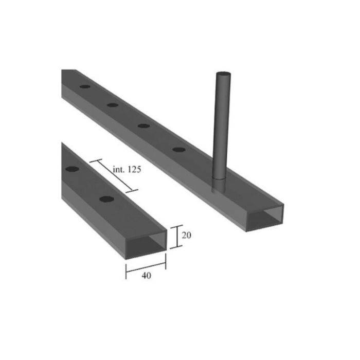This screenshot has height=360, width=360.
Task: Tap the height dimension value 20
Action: [187, 236]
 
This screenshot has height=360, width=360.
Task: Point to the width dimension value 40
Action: [146, 276]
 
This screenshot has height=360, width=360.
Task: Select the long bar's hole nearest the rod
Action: [178, 150]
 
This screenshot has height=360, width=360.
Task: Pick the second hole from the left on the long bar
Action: [113, 105]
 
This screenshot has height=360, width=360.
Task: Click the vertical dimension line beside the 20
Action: [176, 237]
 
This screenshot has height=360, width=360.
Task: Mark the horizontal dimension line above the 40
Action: [146, 267]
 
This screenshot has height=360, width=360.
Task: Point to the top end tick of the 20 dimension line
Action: [176, 226]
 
